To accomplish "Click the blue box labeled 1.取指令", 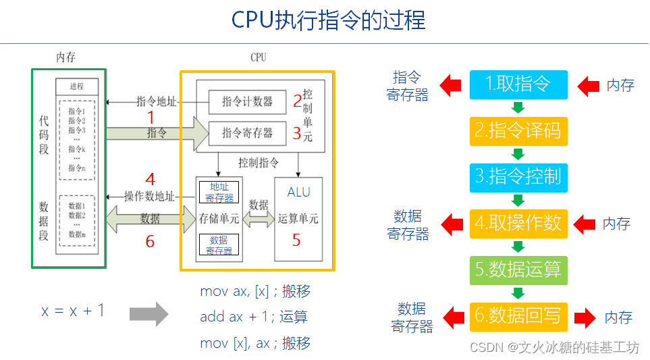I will coord(518,84).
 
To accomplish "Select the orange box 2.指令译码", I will coord(518,130).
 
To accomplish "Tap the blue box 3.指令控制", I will coord(518,176).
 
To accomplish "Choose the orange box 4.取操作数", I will coord(518,223).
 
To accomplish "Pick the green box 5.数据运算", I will coord(518,269).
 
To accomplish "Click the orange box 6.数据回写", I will coord(518,315).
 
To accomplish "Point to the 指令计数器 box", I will coord(247,102).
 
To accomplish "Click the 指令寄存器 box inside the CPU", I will coord(247,133).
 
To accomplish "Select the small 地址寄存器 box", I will coord(219,192).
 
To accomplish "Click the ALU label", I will coord(299,192).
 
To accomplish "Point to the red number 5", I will coord(296,240).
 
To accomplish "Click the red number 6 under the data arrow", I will coord(150,241).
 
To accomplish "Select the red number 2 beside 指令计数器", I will coord(297,102).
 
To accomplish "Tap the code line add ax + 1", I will coord(254,317).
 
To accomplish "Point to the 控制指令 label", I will coord(259,163).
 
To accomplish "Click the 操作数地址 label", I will coord(149,197).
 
